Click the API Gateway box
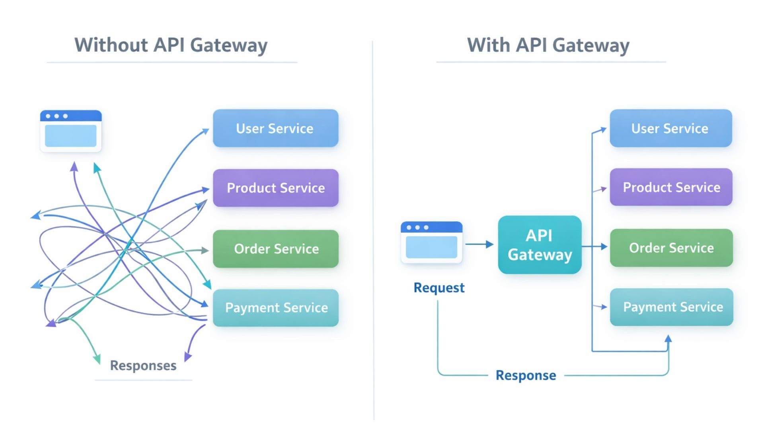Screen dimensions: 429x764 540,245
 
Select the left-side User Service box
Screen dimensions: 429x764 275,128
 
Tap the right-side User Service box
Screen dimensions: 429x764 670,128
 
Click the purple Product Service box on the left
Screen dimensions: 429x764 275,188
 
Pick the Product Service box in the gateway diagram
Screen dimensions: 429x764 671,187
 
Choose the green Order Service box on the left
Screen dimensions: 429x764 275,249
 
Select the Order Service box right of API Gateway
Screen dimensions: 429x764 671,248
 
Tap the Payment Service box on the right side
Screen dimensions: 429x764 671,307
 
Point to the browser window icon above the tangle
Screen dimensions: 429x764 71,131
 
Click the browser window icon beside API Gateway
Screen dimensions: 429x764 431,242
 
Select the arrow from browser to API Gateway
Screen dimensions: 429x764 479,244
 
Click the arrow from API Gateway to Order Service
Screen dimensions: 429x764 594,247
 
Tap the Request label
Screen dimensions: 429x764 439,288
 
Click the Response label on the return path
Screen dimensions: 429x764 526,375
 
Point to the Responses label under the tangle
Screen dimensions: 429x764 143,365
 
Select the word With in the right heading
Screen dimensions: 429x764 489,45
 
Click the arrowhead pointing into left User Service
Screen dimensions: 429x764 205,131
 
